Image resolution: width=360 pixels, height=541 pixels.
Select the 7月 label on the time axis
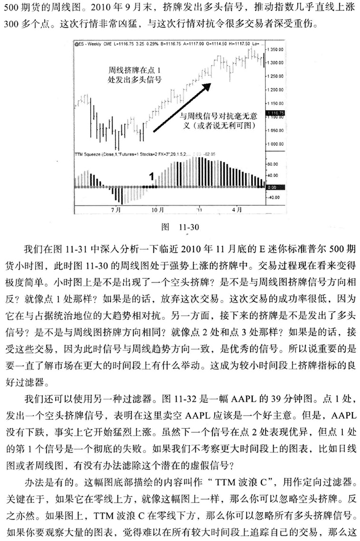[x=115, y=209]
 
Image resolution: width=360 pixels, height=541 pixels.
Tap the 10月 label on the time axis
[x=158, y=209]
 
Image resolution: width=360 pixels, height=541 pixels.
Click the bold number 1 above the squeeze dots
[x=152, y=177]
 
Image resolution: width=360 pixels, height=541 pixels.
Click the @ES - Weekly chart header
[x=95, y=44]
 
